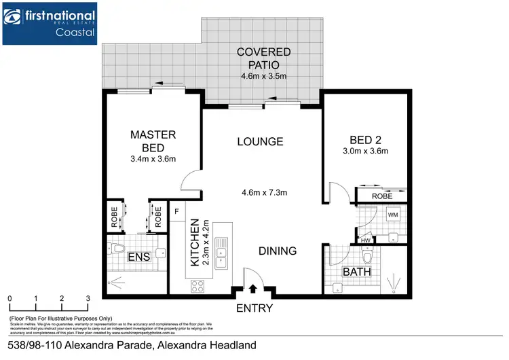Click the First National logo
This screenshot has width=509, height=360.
[49, 23]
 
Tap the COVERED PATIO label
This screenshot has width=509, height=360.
[264, 59]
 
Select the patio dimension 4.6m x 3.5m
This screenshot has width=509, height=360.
[264, 77]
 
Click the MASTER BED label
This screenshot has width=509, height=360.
[153, 141]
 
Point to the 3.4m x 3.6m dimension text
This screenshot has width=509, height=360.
[153, 160]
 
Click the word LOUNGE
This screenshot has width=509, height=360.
[260, 141]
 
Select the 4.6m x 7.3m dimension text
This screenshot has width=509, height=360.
[264, 192]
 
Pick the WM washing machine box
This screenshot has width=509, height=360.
[392, 215]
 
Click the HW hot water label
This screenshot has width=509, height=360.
[366, 239]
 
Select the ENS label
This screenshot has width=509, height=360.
[138, 257]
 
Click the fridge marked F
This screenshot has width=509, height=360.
[176, 211]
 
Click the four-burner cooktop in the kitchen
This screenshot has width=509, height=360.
[200, 285]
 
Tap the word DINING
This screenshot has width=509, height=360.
[278, 251]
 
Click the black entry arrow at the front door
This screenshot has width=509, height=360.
[254, 288]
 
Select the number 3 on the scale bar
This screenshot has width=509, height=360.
[88, 298]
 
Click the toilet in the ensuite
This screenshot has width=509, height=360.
[116, 249]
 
